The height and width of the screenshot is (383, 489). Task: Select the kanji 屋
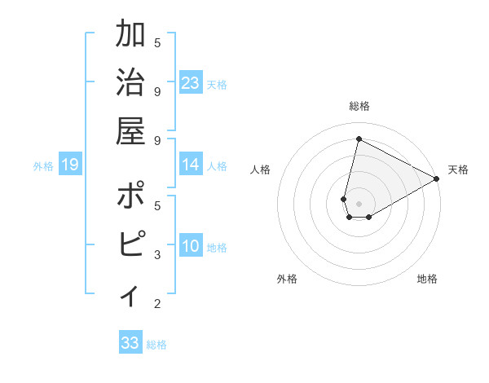pyautogui.click(x=131, y=131)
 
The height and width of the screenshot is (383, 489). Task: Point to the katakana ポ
pyautogui.click(x=131, y=196)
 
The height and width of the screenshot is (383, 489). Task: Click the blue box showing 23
pyautogui.click(x=191, y=83)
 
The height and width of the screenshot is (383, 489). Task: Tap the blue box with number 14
pyautogui.click(x=191, y=165)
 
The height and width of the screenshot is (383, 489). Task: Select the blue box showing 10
pyautogui.click(x=191, y=246)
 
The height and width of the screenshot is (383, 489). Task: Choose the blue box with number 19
pyautogui.click(x=69, y=165)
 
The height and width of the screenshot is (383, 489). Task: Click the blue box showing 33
pyautogui.click(x=130, y=342)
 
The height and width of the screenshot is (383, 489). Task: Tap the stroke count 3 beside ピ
pyautogui.click(x=157, y=255)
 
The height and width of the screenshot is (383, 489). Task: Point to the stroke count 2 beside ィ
pyautogui.click(x=157, y=304)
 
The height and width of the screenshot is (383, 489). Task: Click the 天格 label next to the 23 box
pyautogui.click(x=217, y=85)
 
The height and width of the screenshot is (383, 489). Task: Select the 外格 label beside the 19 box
pyautogui.click(x=43, y=166)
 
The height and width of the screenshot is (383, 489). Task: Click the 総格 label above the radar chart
pyautogui.click(x=359, y=106)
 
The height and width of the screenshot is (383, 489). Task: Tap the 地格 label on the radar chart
pyautogui.click(x=427, y=279)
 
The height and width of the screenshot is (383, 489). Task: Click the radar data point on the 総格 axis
pyautogui.click(x=359, y=139)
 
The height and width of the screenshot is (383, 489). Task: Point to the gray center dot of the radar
pyautogui.click(x=359, y=202)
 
